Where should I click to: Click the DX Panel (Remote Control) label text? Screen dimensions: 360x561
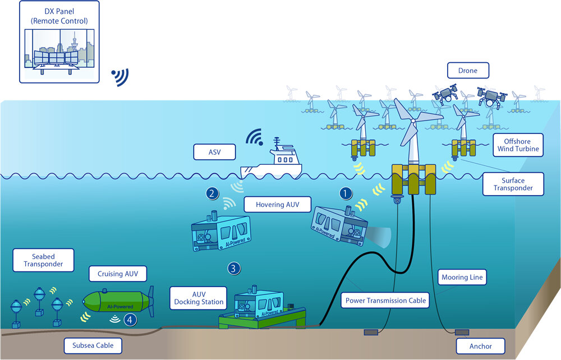pos(59,15)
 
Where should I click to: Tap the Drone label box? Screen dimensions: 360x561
pos(468,71)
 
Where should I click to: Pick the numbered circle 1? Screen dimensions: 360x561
pos(347,193)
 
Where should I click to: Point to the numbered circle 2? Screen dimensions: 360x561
pos(212,193)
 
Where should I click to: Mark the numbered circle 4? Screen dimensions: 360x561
pos(130,320)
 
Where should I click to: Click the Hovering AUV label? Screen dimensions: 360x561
pos(277,205)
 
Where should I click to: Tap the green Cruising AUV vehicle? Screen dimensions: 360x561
pos(115,303)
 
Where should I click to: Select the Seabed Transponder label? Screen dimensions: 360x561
pos(35,261)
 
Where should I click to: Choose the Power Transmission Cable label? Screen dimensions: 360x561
pos(385,301)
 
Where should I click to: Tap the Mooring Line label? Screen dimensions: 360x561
pos(462,277)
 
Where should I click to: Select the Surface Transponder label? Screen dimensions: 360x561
pos(513,183)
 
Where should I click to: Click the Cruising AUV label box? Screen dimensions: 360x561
pos(117,274)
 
